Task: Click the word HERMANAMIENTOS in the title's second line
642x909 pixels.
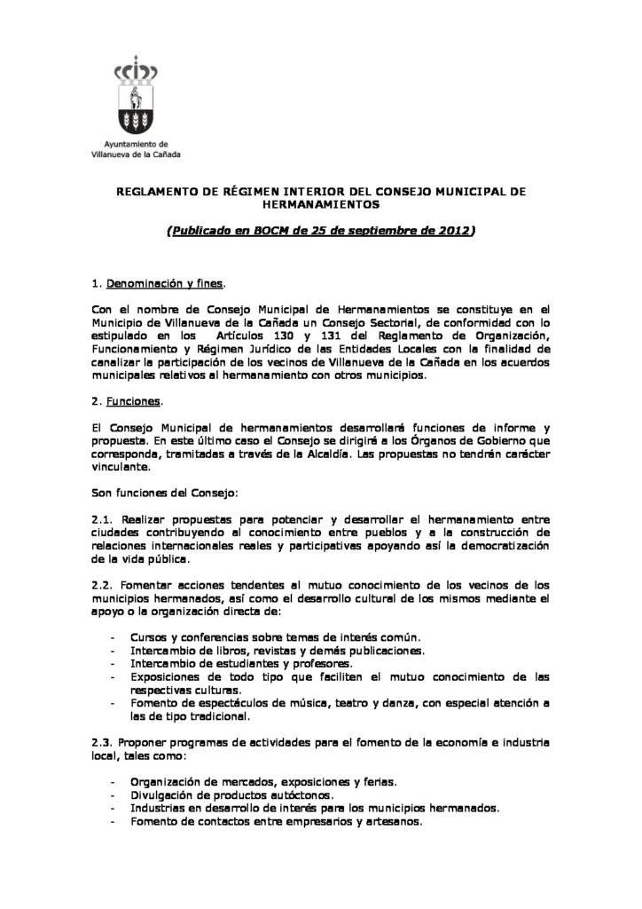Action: (321, 203)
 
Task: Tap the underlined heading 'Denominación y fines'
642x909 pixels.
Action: (166, 284)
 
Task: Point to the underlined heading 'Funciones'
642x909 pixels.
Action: (133, 401)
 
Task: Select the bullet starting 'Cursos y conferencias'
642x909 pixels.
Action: (275, 637)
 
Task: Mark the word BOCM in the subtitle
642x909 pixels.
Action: (271, 230)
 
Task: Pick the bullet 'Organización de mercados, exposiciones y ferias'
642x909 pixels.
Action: (262, 781)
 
